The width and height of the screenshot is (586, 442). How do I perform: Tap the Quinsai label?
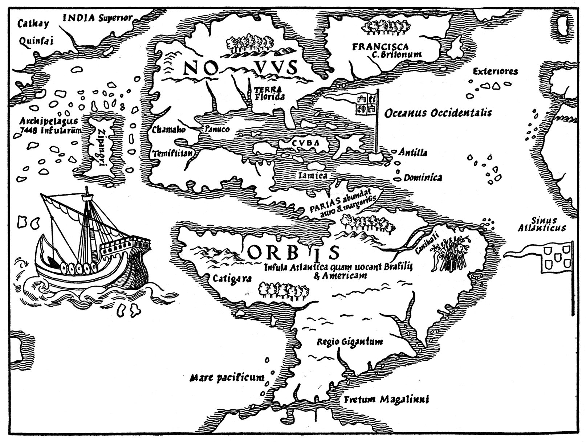[36, 41]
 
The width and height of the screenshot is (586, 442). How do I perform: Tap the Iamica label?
[313, 175]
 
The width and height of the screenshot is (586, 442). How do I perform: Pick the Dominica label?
[423, 177]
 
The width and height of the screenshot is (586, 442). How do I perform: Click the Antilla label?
[413, 152]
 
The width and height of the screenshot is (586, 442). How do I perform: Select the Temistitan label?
[172, 153]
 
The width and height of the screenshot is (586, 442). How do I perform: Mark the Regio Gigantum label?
[349, 341]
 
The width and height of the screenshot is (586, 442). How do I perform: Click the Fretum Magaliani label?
[385, 400]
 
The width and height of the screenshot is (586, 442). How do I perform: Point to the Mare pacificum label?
[227, 378]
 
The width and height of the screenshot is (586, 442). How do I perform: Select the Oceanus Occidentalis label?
[438, 113]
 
